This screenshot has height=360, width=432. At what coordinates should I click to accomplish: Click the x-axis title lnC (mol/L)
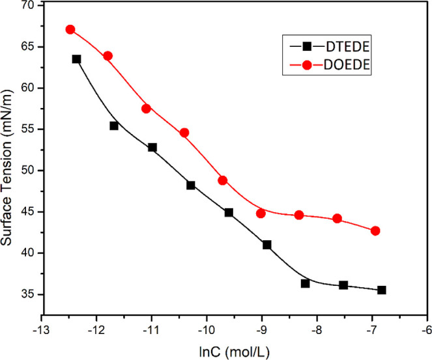tap(235, 352)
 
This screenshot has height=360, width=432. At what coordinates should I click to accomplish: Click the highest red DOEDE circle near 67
tap(70, 29)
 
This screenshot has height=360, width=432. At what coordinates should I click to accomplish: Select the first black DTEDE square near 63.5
tap(76, 59)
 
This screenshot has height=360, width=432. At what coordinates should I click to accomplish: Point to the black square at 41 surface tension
tap(266, 245)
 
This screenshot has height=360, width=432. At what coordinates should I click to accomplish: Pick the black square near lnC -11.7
tap(114, 126)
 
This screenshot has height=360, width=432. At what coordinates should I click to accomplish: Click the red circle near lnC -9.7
tap(222, 180)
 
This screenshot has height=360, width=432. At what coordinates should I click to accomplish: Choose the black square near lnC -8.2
tap(305, 283)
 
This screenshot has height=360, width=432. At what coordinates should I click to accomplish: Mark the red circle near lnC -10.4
tap(184, 133)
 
